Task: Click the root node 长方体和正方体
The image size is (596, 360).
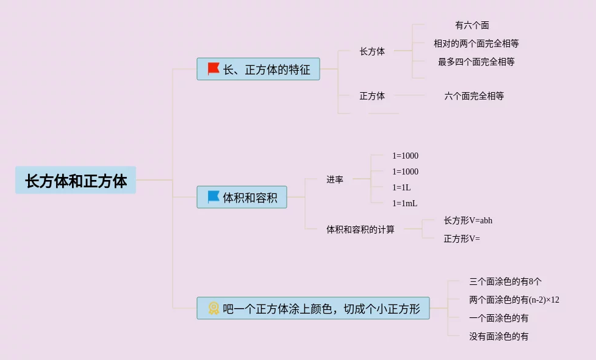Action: point(76,181)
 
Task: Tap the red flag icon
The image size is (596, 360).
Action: point(214,69)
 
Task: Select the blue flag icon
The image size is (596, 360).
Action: point(214,197)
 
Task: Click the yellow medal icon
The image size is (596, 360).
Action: point(214,308)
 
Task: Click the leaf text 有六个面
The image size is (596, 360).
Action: point(472,26)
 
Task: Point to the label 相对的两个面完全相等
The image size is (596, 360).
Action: point(476,44)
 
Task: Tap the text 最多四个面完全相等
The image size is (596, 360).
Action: point(476,62)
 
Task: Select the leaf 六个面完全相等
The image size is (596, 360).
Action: point(474,96)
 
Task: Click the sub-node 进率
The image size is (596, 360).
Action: point(334,179)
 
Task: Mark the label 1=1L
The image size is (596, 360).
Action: point(401,187)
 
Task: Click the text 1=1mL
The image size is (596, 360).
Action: point(404,203)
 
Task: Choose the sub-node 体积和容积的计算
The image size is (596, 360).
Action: point(360,229)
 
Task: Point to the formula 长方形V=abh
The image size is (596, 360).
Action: point(467,220)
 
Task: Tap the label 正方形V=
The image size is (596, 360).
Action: point(461,239)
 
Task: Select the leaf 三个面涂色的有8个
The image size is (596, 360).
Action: point(504,282)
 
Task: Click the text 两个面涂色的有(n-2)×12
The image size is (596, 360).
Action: point(514,300)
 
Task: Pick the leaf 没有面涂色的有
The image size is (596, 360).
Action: point(498,336)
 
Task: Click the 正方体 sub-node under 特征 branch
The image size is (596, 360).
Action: point(372,96)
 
